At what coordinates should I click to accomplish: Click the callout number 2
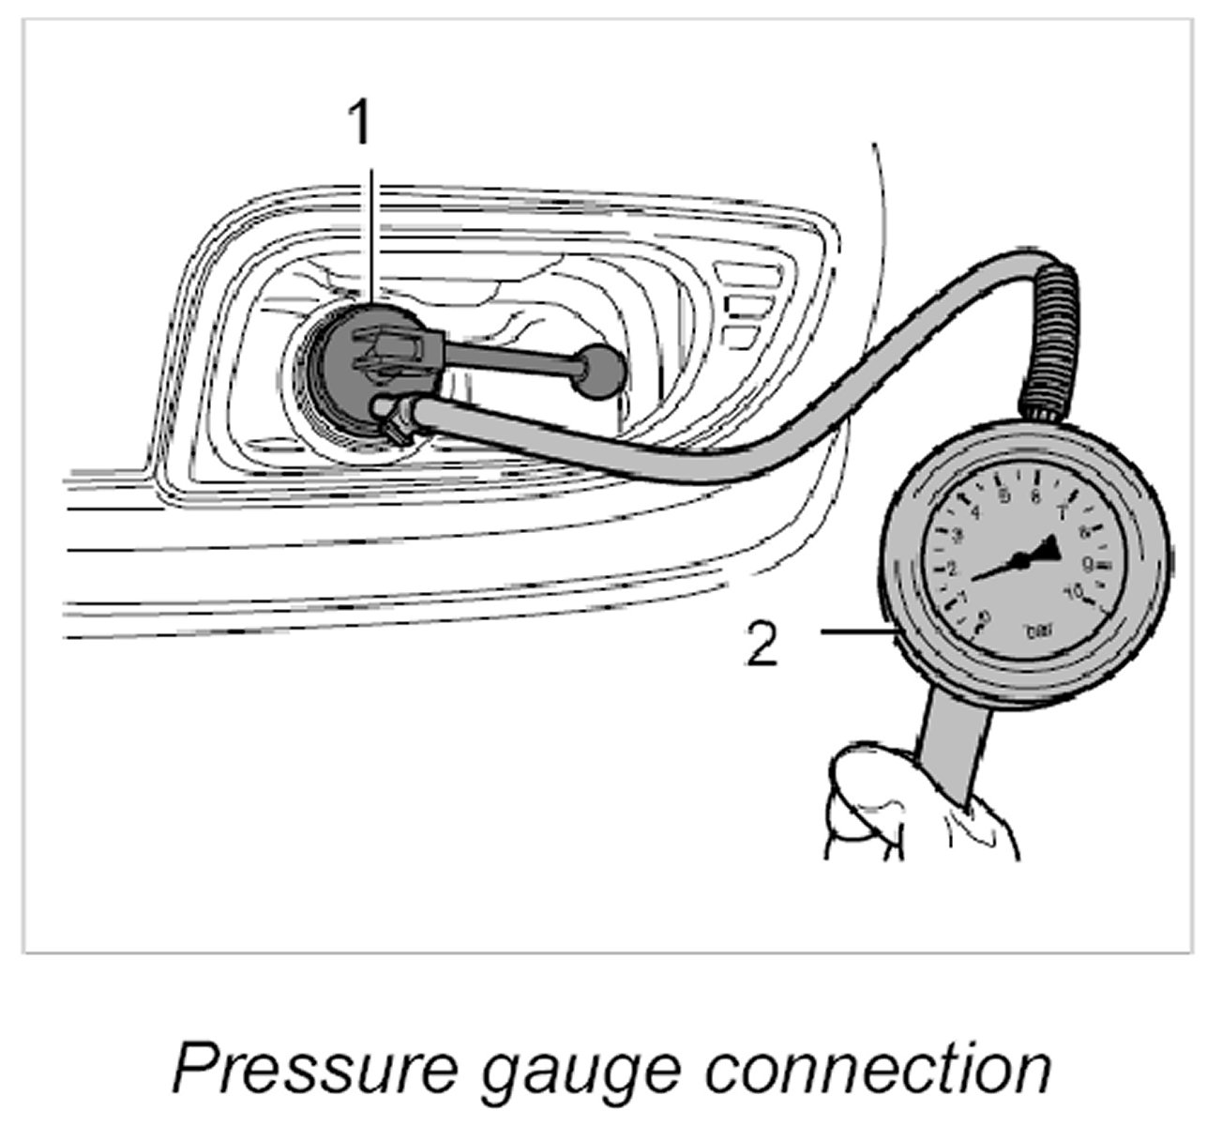pos(762,646)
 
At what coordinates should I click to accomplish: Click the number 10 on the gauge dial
pos(1075,593)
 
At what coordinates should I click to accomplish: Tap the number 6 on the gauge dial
pos(1035,496)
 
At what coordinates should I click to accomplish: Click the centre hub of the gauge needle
pos(1020,561)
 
